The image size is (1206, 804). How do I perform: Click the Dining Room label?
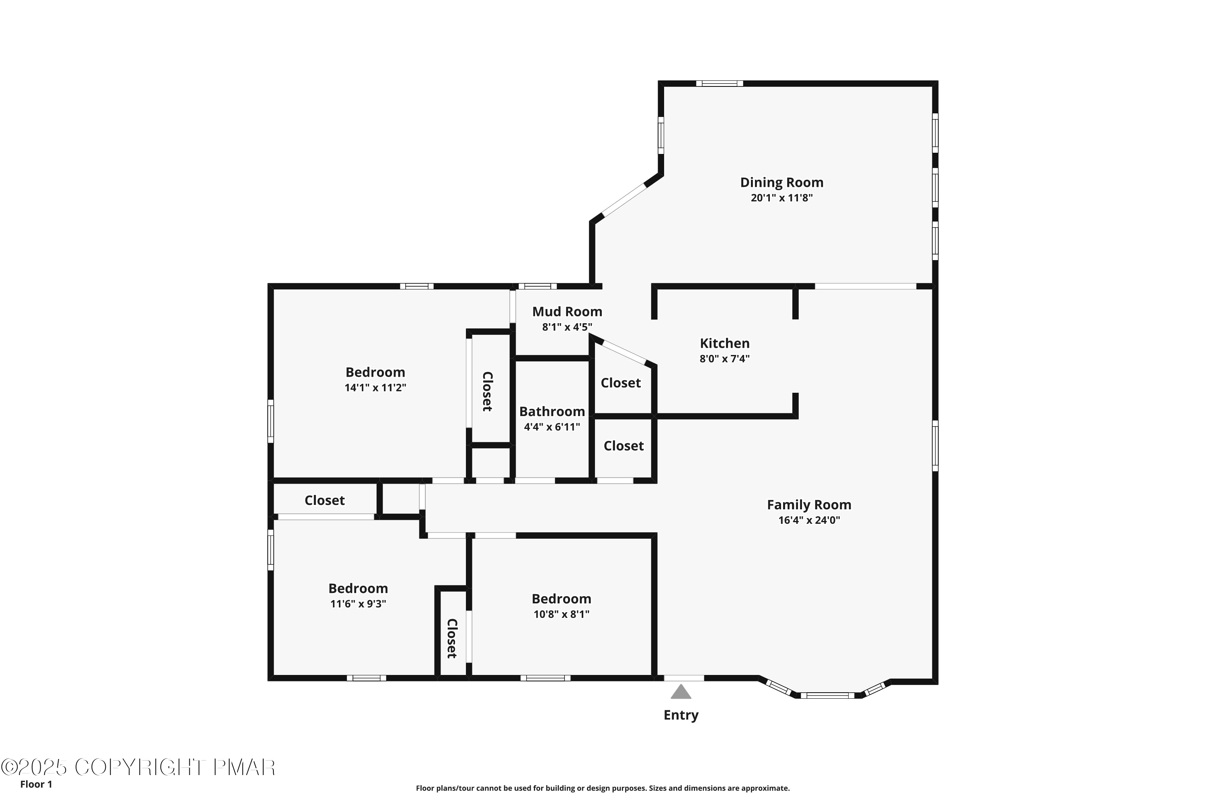tap(781, 183)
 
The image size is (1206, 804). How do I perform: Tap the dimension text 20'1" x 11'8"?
tap(781, 198)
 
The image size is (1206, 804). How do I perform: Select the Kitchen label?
tap(724, 344)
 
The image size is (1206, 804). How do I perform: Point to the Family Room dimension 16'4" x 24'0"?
tap(808, 520)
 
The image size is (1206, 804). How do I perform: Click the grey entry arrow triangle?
tap(681, 692)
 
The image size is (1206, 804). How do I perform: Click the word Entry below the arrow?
tap(681, 715)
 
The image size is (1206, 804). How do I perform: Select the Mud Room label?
tap(567, 312)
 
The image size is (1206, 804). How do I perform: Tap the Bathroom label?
tap(552, 412)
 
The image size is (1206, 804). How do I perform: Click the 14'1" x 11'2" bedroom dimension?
tap(375, 388)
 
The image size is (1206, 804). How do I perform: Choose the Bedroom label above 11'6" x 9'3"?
tap(358, 588)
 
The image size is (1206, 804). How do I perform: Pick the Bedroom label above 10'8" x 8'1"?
tap(561, 599)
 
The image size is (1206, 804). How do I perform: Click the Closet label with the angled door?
tap(620, 383)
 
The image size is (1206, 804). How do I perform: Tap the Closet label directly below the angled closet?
tap(624, 446)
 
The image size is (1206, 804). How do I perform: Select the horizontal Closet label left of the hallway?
tap(324, 500)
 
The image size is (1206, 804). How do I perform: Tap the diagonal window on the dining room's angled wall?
tap(624, 200)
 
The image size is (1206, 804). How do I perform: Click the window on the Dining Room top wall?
tap(720, 84)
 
